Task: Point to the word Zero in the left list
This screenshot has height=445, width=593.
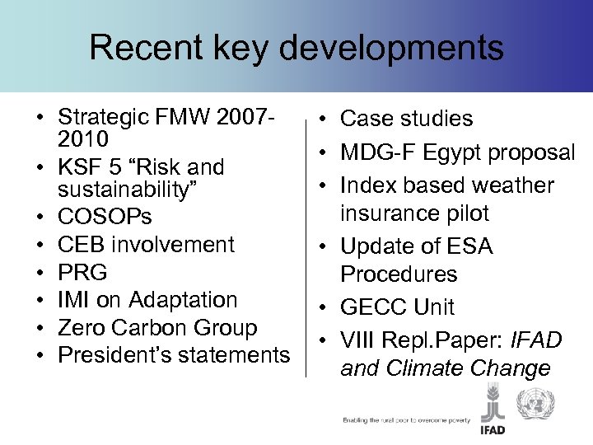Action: pos(80,327)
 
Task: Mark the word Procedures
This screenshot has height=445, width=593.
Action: pos(399,274)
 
